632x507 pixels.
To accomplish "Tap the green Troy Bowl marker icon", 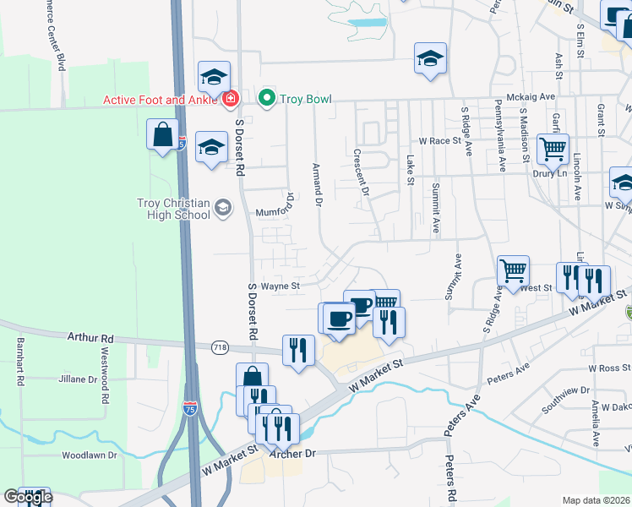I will [268, 99].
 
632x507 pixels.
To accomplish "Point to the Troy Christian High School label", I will [173, 209].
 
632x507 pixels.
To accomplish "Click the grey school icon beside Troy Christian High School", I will [223, 208].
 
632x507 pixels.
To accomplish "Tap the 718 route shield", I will [221, 347].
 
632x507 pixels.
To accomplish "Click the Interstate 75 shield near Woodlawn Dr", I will [190, 412].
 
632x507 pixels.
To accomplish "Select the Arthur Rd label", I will [90, 338].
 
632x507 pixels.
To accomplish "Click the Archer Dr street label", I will [291, 454].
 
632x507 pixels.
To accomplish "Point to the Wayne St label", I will [281, 286].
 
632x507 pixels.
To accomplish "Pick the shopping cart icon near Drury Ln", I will [553, 150].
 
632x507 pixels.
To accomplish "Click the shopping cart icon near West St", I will [513, 270].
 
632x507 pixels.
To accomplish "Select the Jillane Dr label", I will [79, 379].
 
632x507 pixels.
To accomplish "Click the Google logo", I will [28, 497].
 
